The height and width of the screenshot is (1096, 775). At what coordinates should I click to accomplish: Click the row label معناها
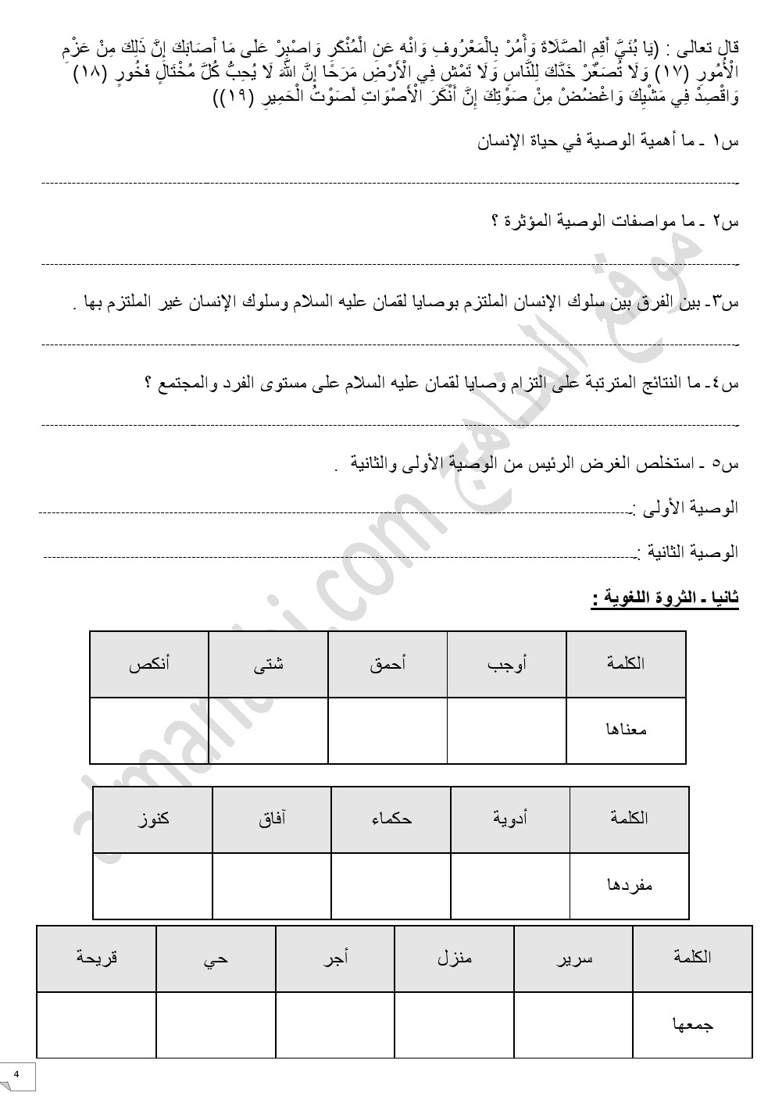pyautogui.click(x=627, y=730)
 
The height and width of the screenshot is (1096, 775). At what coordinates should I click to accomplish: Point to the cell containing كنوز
pyautogui.click(x=152, y=819)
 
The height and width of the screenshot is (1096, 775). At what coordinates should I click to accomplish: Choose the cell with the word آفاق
pyautogui.click(x=272, y=819)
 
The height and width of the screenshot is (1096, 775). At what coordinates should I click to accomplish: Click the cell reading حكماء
pyautogui.click(x=391, y=819)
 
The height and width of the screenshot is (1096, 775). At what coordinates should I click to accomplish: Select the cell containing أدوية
pyautogui.click(x=510, y=819)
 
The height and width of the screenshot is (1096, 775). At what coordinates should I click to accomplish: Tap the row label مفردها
pyautogui.click(x=630, y=885)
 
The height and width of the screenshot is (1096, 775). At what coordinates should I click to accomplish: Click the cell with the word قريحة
pyautogui.click(x=96, y=958)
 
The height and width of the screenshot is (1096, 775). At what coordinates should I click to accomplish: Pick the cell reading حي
pyautogui.click(x=216, y=958)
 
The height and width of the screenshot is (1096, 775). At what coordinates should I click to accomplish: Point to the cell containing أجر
pyautogui.click(x=335, y=958)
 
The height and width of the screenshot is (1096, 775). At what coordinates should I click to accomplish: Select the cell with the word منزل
pyautogui.click(x=455, y=958)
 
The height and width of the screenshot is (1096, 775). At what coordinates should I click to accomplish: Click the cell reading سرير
pyautogui.click(x=573, y=958)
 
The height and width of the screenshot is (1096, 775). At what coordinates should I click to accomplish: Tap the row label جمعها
pyautogui.click(x=693, y=1024)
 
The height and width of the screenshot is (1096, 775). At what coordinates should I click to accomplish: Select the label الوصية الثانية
pyautogui.click(x=687, y=552)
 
